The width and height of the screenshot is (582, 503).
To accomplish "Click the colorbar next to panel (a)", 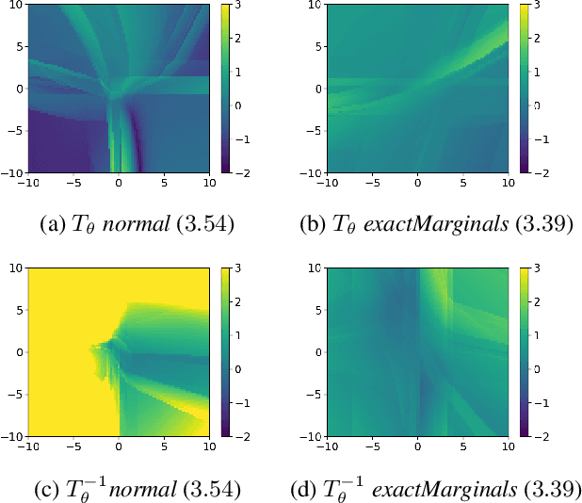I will coord(226,89).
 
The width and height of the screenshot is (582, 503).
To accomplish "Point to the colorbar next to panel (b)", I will coord(524,89).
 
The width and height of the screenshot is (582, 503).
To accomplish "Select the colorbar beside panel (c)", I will coord(226,353).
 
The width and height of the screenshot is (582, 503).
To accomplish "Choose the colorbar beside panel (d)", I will coord(524,353).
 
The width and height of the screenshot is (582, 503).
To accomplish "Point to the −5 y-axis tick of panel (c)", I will coord(14,396).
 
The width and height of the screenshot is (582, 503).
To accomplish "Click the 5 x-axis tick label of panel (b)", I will coord(461,186).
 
